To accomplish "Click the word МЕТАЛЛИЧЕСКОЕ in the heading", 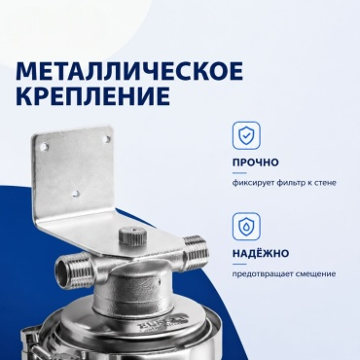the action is [129, 71].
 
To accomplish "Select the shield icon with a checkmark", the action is [246, 135].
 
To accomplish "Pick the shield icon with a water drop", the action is [246, 227].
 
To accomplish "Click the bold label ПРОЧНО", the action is [255, 162].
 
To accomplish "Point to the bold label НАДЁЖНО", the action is [261, 253].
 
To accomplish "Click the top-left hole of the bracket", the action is [44, 148].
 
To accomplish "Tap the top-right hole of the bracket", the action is [106, 139].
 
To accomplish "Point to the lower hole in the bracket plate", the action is [76, 194].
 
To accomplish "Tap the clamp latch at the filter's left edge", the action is [32, 343].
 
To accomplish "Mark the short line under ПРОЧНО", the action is [239, 173].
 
